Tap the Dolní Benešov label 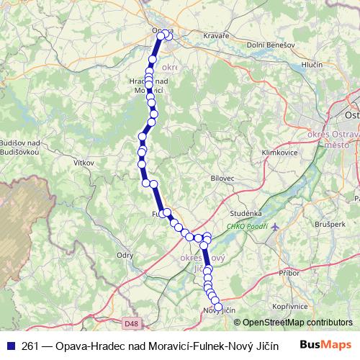pyautogui.click(x=271, y=45)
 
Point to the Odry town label pyautogui.click(x=125, y=255)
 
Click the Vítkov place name pyautogui.click(x=84, y=163)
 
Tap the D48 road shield pyautogui.click(x=131, y=324)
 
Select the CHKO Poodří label pyautogui.click(x=248, y=227)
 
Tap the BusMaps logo pyautogui.click(x=325, y=345)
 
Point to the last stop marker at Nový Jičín pyautogui.click(x=218, y=307)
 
